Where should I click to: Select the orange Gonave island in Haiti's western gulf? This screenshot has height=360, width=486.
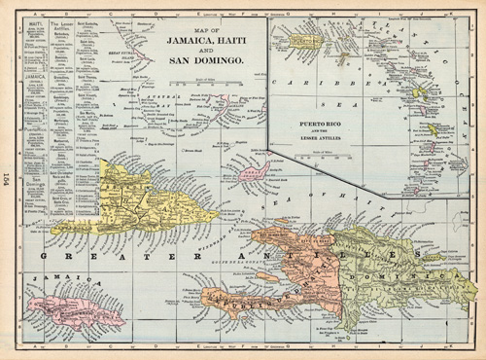pyautogui.click(x=268, y=276)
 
